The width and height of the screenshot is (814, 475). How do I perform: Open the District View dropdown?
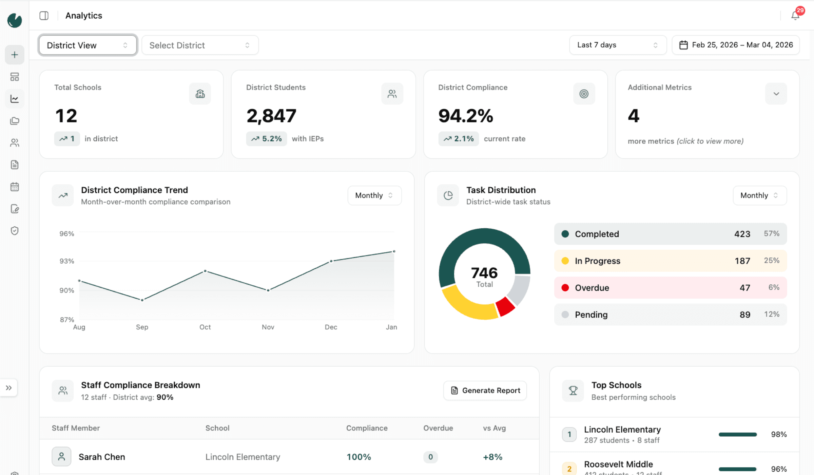[88, 45]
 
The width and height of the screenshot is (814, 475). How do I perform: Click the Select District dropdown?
[200, 45]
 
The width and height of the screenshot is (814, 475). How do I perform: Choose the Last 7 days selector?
[617, 45]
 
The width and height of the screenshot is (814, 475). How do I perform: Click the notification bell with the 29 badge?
[795, 16]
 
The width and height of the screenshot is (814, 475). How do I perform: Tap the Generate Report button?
[485, 391]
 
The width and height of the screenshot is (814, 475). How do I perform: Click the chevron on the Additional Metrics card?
[776, 94]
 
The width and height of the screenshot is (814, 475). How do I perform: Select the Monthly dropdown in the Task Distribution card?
[759, 195]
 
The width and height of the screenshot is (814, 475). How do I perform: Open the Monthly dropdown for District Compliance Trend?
[374, 195]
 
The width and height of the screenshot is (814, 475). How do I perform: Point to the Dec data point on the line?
[331, 261]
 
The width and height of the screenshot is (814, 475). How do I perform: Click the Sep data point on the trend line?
[142, 300]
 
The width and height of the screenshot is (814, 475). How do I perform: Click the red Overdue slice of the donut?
[505, 306]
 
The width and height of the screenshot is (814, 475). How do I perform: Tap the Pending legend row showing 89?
[670, 315]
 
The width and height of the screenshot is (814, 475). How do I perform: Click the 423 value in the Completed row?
[742, 234]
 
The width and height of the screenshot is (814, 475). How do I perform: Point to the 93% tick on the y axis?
[67, 261]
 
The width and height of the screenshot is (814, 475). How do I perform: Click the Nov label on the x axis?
[268, 327]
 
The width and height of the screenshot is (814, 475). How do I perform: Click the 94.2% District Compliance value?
[466, 116]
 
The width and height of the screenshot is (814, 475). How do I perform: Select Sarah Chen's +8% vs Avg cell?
[492, 457]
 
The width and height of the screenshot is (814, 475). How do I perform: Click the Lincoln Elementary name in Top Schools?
[622, 430]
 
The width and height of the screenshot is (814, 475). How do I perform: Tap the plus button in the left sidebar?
[15, 55]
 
